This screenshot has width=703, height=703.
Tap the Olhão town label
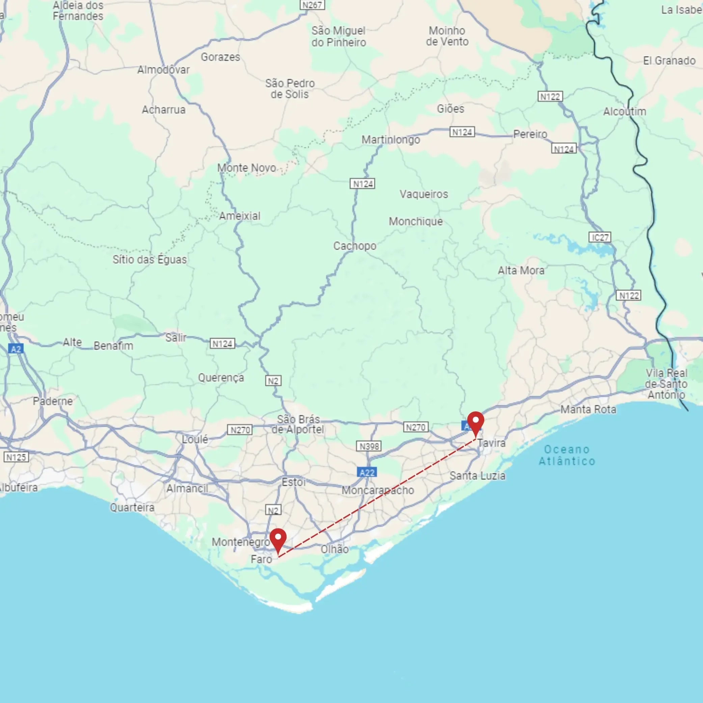pos(334,549)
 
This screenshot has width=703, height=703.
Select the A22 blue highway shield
pos(367,472)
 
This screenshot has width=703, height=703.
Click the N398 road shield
pos(369,446)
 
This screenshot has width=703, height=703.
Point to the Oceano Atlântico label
pos(567,455)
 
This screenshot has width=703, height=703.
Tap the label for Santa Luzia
pos(478,476)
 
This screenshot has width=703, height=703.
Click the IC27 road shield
pos(600,237)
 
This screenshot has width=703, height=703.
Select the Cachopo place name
pos(355,246)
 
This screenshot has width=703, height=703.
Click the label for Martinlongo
pos(390,139)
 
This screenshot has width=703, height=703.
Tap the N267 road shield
pos(312,5)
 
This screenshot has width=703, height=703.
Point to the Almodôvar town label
pos(163,70)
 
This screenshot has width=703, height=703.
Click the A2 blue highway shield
pos(16,349)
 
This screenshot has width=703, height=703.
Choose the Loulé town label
pos(195,439)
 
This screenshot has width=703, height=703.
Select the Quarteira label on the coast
pos(132,507)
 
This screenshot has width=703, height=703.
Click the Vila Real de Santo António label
pos(666,383)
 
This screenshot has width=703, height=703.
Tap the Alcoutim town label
pos(624,111)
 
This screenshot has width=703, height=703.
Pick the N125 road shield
pos(16,457)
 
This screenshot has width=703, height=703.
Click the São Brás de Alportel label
pos(298,424)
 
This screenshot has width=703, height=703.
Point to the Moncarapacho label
pos(378,490)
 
